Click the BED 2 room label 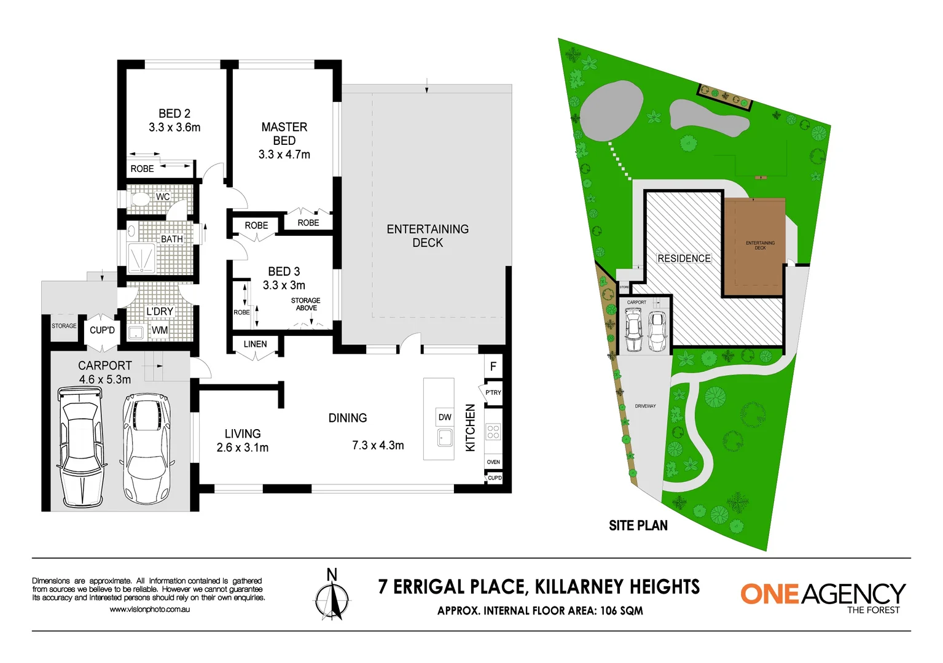(x=174, y=114)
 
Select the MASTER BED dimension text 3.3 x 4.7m (x=284, y=155)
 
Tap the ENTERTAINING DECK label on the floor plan (x=428, y=236)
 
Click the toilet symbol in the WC (x=140, y=200)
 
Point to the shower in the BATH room (x=141, y=258)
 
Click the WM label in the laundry (x=160, y=330)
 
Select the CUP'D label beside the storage (x=102, y=330)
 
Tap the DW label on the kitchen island (x=445, y=417)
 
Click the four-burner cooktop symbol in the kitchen (x=493, y=432)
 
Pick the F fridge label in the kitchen (x=493, y=367)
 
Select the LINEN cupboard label (x=255, y=344)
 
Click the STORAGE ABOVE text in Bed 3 (x=306, y=304)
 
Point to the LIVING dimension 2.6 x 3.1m (x=242, y=448)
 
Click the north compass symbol (x=332, y=595)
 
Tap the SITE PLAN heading (x=638, y=525)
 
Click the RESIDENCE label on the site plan (x=684, y=258)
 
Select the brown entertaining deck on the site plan (x=754, y=246)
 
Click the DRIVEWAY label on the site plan (x=645, y=406)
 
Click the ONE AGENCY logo (x=823, y=596)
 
